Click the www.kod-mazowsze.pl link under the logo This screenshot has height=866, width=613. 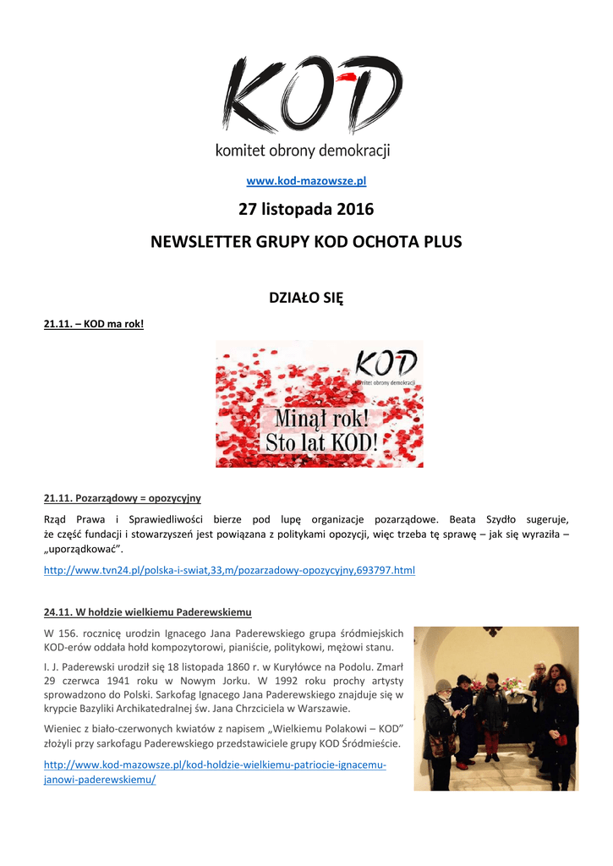point(306,181)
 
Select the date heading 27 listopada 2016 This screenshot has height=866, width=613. point(306,209)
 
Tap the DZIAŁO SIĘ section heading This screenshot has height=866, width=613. point(306,298)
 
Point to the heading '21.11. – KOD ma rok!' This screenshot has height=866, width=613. point(94,322)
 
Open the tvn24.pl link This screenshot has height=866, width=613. point(229,571)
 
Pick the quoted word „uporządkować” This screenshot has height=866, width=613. point(83,549)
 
